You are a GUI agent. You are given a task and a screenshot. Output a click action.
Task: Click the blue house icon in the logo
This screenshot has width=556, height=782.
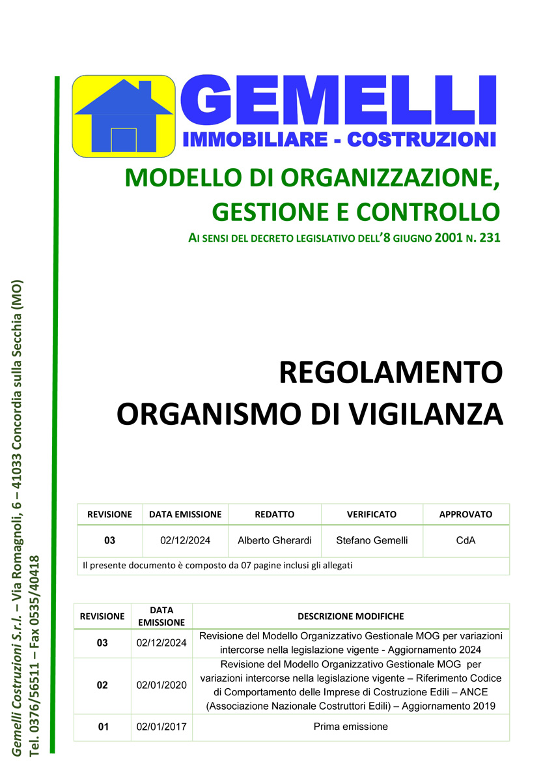click(124, 116)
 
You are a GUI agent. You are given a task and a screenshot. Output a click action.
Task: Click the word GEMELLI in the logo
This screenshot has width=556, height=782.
click(339, 102)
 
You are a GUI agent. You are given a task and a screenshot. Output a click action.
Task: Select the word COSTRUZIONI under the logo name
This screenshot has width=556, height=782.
click(422, 139)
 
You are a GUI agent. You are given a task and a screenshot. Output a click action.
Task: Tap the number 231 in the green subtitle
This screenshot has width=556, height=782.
click(489, 239)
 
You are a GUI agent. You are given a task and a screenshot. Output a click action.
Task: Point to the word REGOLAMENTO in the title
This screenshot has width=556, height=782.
click(391, 373)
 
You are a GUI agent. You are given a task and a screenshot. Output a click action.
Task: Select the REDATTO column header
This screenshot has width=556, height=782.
click(274, 514)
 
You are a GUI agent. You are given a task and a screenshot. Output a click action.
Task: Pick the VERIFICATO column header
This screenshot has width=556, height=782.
click(372, 514)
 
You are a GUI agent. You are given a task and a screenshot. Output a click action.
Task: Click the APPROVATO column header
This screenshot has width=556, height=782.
click(466, 514)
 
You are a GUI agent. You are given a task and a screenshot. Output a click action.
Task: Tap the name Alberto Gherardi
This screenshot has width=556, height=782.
click(274, 540)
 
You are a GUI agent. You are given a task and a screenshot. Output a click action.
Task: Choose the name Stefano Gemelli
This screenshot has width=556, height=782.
click(372, 540)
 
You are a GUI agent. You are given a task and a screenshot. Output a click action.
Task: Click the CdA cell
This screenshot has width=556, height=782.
click(466, 540)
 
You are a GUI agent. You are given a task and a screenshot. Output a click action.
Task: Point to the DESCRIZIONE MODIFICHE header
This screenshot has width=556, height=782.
click(350, 616)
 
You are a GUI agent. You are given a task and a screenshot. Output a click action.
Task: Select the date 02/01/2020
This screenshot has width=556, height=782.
click(161, 685)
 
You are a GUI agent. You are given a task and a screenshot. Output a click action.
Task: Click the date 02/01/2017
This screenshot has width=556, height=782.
click(161, 727)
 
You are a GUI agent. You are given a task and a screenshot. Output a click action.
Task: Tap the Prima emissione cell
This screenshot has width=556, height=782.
click(350, 727)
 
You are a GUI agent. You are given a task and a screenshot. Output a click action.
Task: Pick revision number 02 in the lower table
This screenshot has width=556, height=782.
click(102, 685)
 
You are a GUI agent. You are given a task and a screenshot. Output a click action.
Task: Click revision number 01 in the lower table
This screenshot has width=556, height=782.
click(103, 727)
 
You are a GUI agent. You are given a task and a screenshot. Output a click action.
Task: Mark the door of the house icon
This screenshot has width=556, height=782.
click(123, 139)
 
